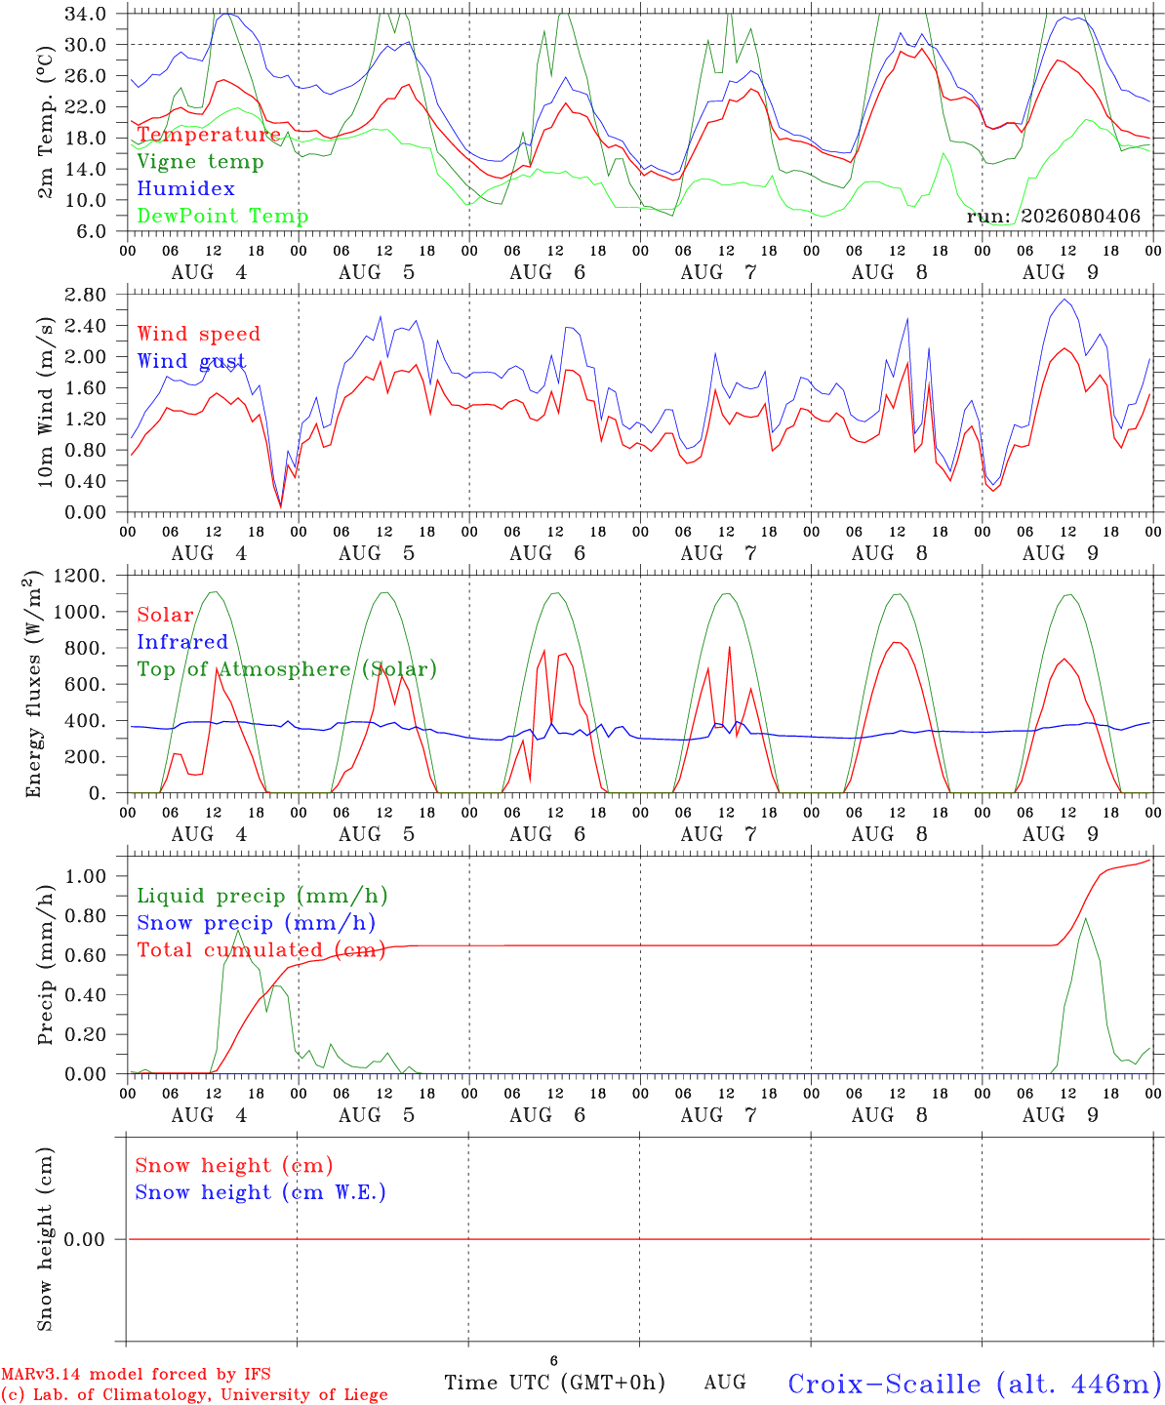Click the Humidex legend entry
tap(185, 188)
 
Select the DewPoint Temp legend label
tap(222, 216)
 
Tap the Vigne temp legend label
tap(201, 162)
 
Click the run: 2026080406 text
tap(1053, 216)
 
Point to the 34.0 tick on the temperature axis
tap(86, 14)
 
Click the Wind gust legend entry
tap(192, 361)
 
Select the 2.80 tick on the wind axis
tap(86, 295)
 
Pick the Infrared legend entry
tap(182, 642)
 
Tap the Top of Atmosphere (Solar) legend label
tap(288, 669)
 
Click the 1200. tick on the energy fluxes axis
tap(79, 576)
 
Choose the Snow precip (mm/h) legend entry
tap(257, 923)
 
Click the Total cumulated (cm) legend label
tap(261, 949)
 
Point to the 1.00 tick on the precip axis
tap(86, 876)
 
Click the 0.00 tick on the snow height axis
tap(84, 1239)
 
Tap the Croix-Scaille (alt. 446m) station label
tap(975, 1384)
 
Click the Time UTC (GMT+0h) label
tap(554, 1383)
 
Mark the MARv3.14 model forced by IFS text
tap(136, 1374)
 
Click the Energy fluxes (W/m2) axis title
tap(33, 684)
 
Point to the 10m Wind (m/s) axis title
tap(45, 402)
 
